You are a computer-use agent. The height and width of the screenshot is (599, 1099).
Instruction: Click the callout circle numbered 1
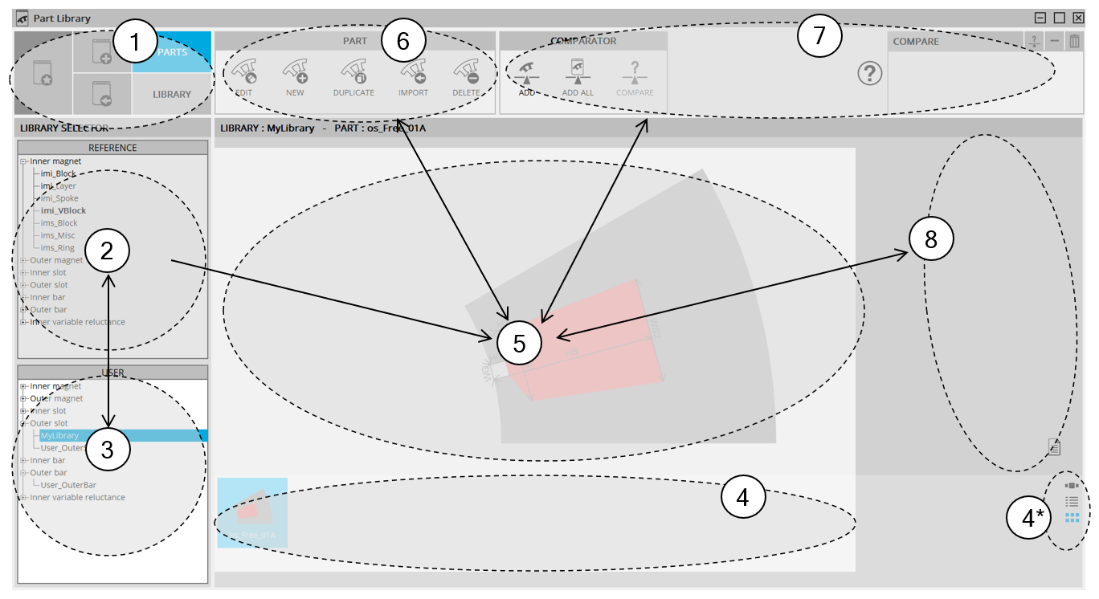pos(133,45)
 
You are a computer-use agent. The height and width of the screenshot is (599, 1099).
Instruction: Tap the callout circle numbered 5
pos(519,343)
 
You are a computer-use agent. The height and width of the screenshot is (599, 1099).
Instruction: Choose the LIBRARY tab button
pos(172,94)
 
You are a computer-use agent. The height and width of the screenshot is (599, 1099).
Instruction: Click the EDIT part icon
pos(244,74)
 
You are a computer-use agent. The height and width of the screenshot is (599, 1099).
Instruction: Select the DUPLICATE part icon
pos(353,74)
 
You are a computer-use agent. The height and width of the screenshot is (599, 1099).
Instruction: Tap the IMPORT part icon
pos(413,74)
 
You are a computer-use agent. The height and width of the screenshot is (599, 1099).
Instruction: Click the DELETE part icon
pos(466,74)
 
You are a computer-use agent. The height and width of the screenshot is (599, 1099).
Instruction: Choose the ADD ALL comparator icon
pos(578,74)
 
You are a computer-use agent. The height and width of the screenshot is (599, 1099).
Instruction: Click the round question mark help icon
pos(870,74)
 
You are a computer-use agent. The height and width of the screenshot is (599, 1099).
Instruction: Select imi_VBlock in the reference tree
pos(63,210)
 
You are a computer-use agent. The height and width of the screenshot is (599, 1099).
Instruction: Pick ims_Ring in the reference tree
pos(58,247)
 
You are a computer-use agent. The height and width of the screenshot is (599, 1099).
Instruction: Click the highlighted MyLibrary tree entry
pos(60,435)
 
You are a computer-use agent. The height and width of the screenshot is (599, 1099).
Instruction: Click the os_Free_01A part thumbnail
pos(252,512)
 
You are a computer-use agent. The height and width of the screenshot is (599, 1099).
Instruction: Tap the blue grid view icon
pos(1072,518)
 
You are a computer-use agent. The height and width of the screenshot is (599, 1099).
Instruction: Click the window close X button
pos(1079,18)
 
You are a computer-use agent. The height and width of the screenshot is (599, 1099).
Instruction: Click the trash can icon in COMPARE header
pos(1074,41)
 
